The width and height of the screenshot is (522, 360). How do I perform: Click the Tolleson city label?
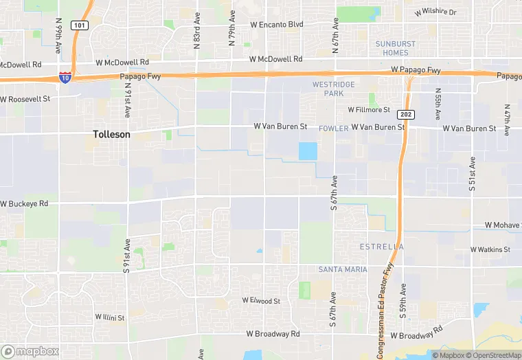[111, 135]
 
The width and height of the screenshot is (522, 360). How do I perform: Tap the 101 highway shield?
[80, 25]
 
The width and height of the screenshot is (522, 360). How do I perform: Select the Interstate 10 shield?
[65, 78]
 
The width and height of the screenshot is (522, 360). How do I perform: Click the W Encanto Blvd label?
[277, 24]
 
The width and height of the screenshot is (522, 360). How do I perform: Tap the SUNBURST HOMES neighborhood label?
[396, 48]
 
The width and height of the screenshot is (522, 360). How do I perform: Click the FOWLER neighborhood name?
[334, 128]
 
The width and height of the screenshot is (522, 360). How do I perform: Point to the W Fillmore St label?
[369, 109]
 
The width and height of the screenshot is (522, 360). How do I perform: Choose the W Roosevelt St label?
[25, 99]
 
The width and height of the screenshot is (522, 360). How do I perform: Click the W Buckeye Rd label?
[24, 204]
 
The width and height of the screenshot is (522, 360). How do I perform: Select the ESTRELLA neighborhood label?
[382, 246]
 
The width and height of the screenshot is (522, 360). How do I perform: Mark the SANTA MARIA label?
[343, 269]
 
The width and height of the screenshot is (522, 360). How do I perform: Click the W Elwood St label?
[261, 301]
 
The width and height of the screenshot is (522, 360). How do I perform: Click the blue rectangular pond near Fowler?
[308, 151]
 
